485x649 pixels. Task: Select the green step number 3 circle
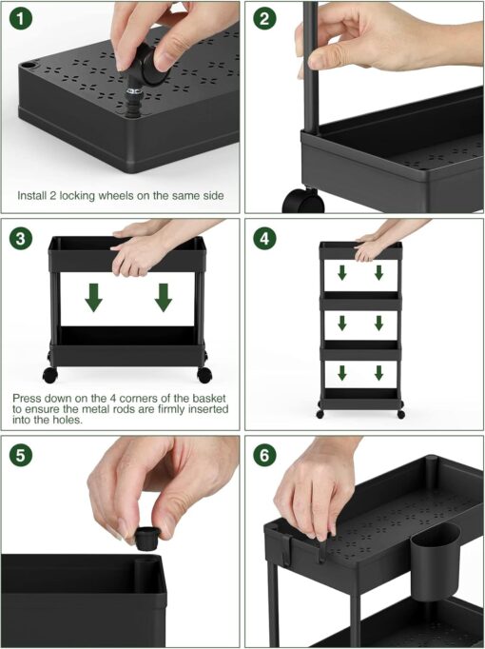pos(23,238)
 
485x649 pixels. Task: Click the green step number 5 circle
pos(23,455)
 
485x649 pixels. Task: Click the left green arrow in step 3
pos(92,298)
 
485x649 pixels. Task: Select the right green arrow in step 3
pos(164,298)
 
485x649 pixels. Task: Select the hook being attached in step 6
pos(321,547)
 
